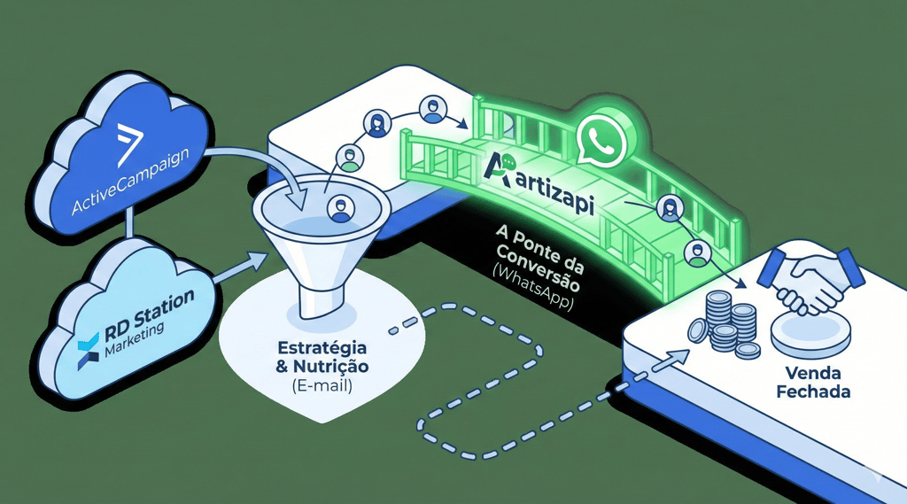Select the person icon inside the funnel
(x=339, y=210)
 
